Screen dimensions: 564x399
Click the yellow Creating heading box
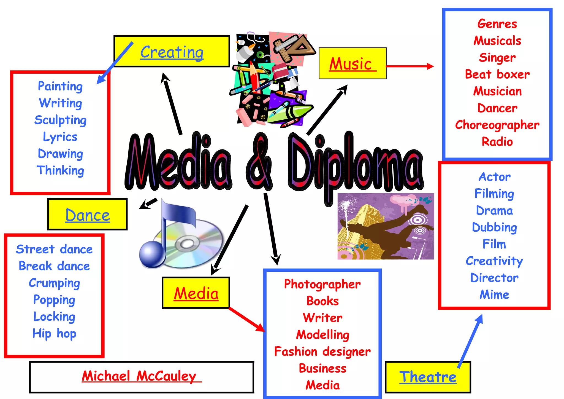click(172, 52)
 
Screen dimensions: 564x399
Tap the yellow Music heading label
click(352, 64)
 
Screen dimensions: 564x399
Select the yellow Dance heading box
click(88, 215)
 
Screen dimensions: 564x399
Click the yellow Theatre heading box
click(428, 377)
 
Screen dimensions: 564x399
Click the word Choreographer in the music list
click(497, 125)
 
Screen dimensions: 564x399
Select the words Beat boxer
click(497, 74)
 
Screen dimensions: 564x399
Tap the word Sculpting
click(60, 120)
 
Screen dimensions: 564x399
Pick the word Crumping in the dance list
click(54, 283)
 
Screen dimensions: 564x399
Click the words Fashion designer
click(322, 352)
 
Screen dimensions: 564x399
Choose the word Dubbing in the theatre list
click(494, 227)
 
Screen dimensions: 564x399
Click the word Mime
click(494, 295)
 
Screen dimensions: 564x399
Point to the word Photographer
click(322, 284)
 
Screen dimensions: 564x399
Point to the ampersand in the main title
click(259, 163)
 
